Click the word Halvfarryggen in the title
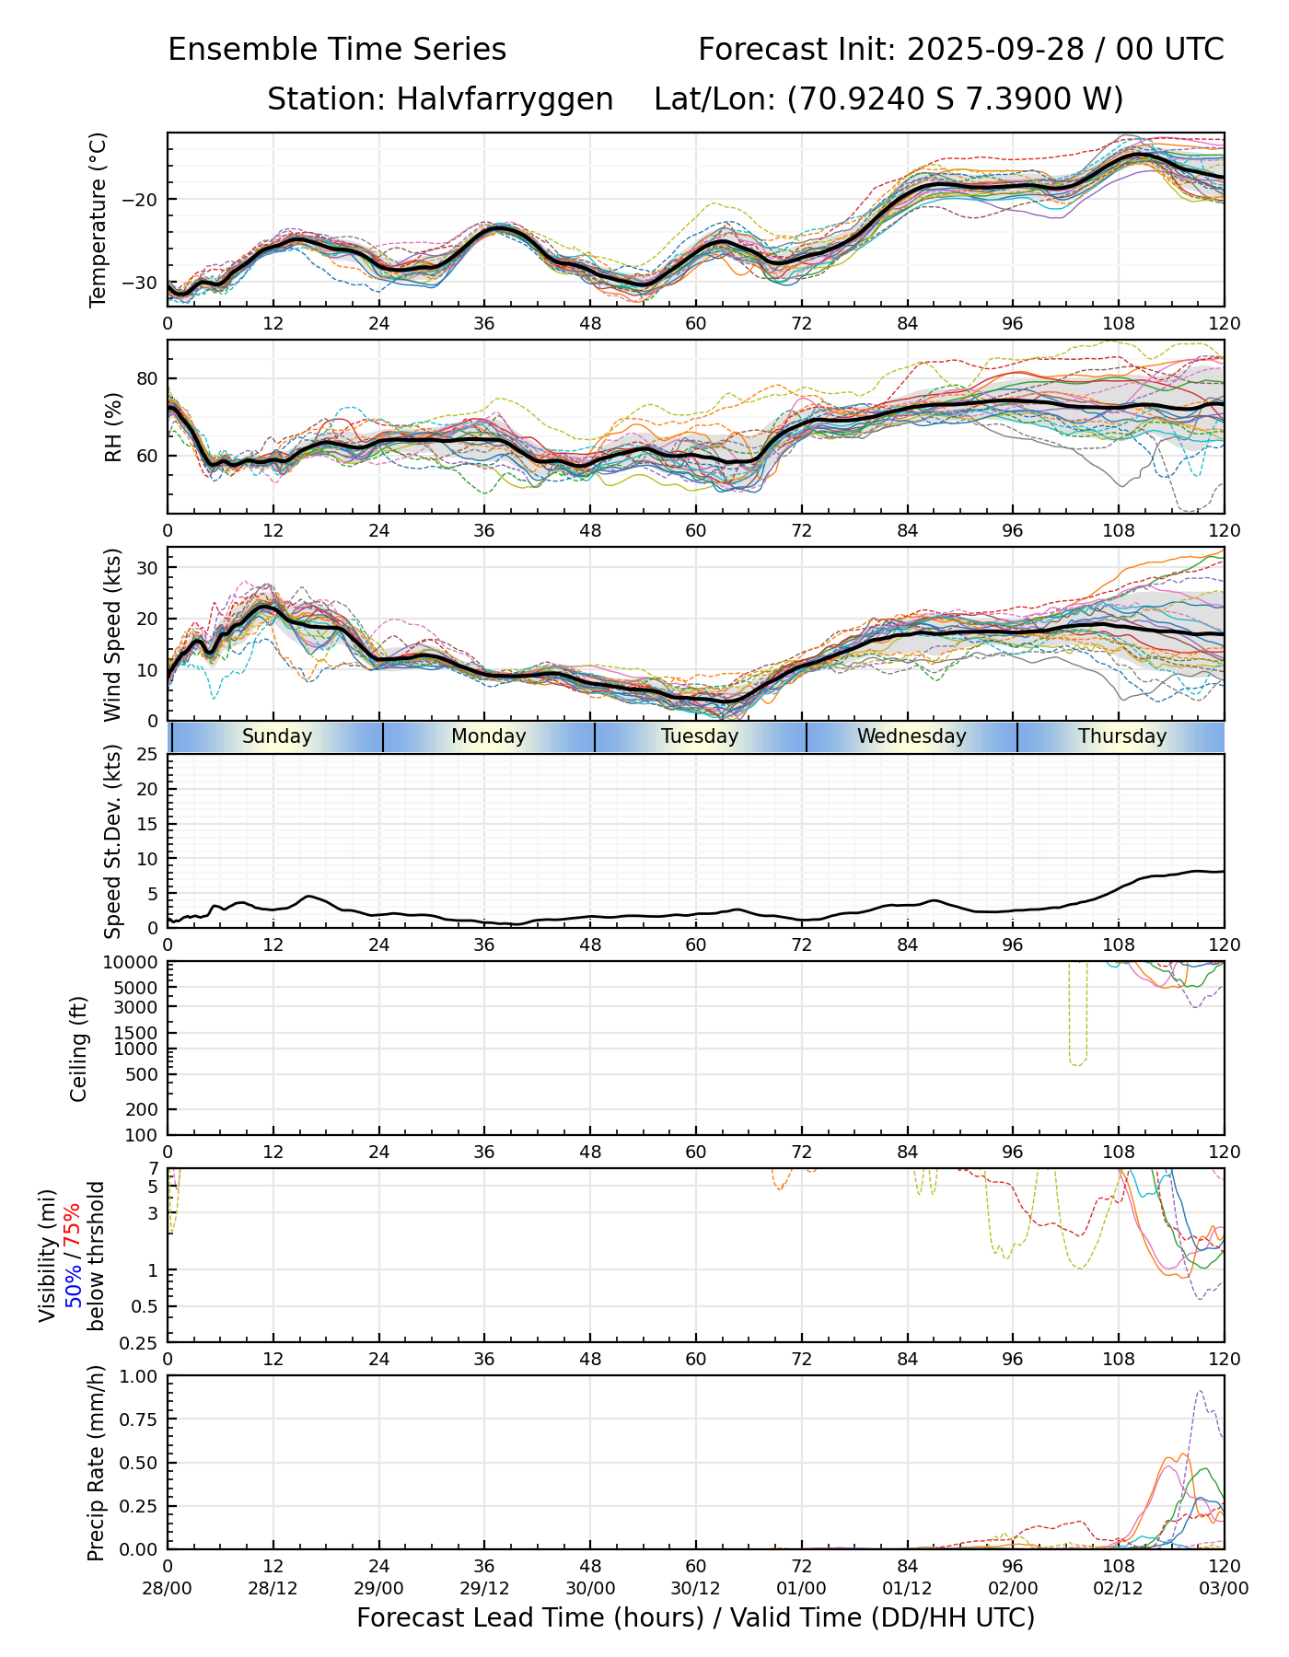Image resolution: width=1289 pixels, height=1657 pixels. [x=505, y=98]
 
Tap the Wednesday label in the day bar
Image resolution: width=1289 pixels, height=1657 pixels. [x=912, y=736]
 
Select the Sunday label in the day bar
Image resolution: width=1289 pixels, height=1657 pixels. [x=277, y=736]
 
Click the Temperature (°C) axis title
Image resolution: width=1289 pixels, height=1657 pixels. [x=99, y=219]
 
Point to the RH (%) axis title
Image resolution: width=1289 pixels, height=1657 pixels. [x=113, y=427]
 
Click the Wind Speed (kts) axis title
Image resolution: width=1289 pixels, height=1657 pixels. [x=113, y=634]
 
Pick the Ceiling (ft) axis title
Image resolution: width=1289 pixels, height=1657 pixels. [x=79, y=1049]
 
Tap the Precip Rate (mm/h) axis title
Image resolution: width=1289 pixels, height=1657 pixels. [x=96, y=1463]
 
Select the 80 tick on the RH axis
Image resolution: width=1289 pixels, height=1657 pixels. [x=147, y=378]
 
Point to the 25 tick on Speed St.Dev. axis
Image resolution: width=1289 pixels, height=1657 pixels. [x=147, y=755]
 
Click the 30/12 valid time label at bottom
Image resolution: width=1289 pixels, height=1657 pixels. [x=696, y=1588]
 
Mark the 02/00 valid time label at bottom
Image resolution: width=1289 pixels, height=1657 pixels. [x=1013, y=1588]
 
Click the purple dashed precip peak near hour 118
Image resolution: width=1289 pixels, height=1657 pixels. [x=1199, y=1391]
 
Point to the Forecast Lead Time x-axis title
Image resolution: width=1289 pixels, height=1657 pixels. [x=695, y=1617]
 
